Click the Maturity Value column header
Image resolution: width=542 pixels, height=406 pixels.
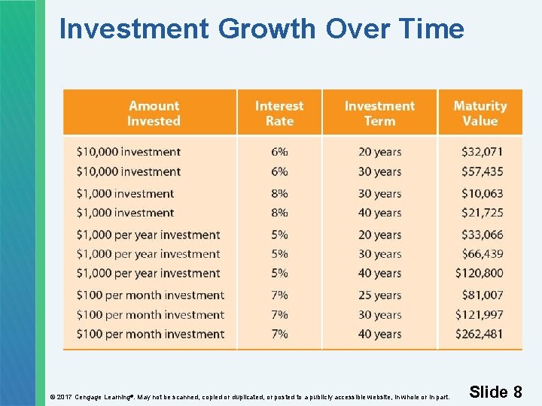(x=480, y=114)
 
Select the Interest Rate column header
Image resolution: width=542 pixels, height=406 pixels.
(x=279, y=114)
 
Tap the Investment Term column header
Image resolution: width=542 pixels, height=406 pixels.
(x=379, y=114)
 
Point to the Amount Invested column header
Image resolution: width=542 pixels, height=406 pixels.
(x=154, y=114)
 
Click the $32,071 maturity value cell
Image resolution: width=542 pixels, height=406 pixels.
(x=483, y=152)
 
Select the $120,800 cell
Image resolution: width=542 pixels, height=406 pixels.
(x=480, y=273)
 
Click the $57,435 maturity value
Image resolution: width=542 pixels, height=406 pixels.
(x=483, y=171)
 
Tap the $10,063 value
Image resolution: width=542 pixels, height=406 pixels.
(x=483, y=193)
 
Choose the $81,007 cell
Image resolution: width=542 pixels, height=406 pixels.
(x=483, y=295)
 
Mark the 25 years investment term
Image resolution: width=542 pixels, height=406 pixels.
(x=379, y=295)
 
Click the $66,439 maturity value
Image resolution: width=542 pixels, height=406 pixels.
(x=483, y=254)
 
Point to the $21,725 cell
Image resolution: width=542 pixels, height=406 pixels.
(x=483, y=213)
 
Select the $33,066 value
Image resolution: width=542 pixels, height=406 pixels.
(x=483, y=235)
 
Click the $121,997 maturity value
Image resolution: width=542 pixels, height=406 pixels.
(x=480, y=314)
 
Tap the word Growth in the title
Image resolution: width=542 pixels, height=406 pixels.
(x=267, y=29)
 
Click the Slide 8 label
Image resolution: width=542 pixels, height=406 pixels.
(x=495, y=392)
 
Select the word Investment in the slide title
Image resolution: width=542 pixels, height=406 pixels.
(x=134, y=29)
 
